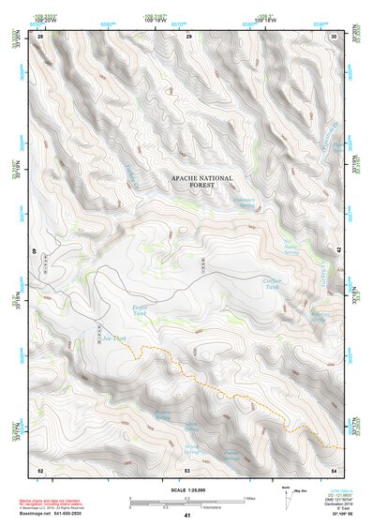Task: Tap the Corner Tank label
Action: click(x=272, y=284)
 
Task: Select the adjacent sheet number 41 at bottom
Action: click(x=187, y=516)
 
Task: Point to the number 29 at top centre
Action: click(x=189, y=36)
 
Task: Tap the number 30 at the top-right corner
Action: click(x=335, y=36)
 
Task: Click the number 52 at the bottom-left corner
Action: click(x=40, y=469)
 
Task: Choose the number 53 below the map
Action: click(x=187, y=469)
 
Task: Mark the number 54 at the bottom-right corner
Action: click(x=335, y=469)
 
